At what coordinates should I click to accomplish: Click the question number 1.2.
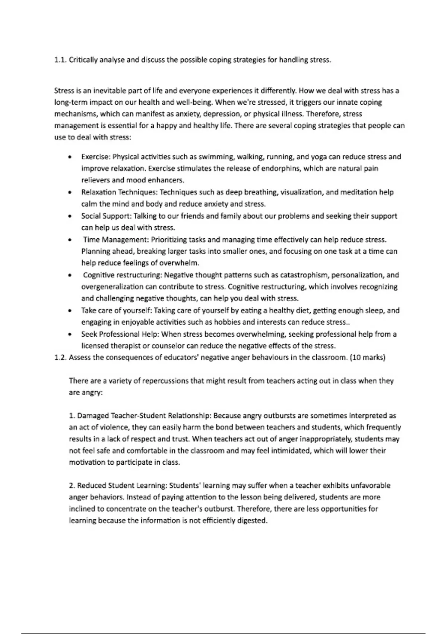(60, 357)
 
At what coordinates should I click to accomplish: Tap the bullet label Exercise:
(96, 157)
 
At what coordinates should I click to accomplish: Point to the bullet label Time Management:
(116, 239)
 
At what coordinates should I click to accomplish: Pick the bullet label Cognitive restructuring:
(123, 275)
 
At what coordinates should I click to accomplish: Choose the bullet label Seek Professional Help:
(120, 334)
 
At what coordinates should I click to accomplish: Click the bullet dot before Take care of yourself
(70, 311)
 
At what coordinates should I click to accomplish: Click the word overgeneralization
(112, 287)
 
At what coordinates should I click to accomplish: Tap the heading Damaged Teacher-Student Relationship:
(144, 415)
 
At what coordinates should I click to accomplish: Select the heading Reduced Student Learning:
(122, 486)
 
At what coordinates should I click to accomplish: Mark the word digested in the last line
(253, 521)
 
